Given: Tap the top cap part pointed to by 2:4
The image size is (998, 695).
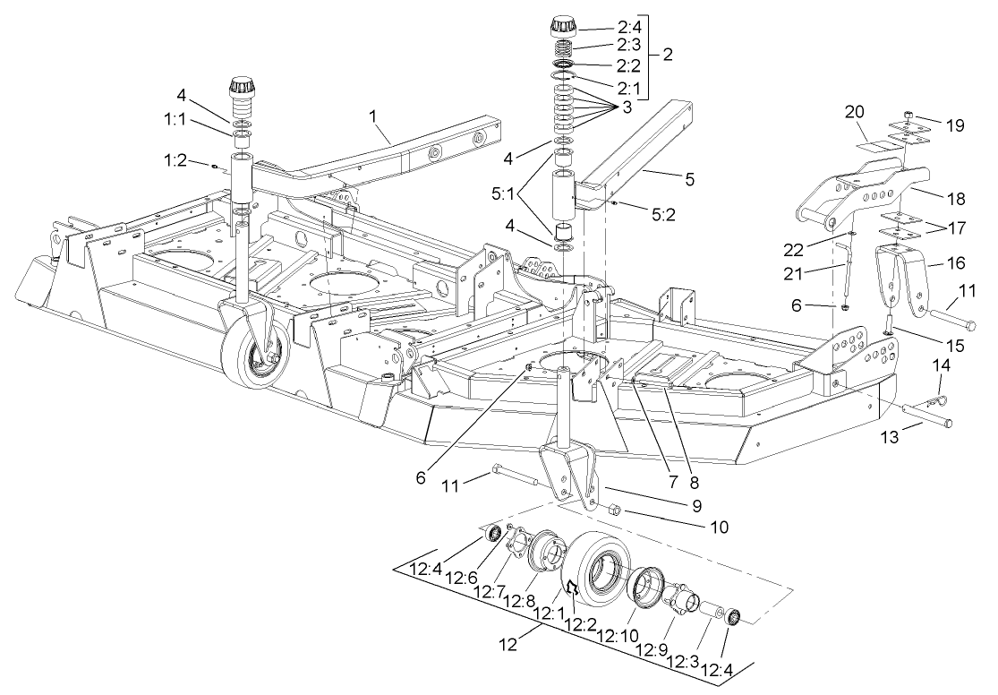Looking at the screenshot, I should coord(561,25).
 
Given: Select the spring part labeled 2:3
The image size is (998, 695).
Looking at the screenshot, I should coord(561,47).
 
